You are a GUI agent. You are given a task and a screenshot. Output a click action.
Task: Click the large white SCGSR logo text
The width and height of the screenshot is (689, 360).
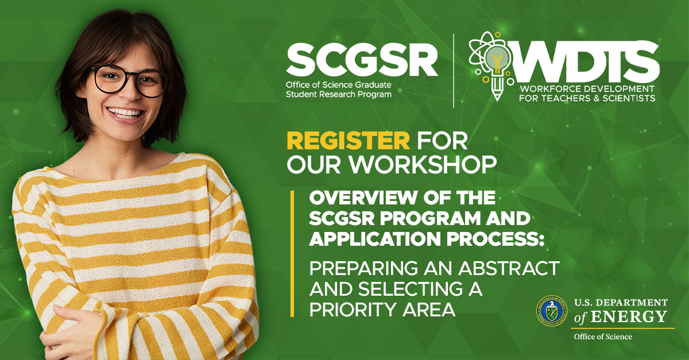pyautogui.click(x=362, y=60)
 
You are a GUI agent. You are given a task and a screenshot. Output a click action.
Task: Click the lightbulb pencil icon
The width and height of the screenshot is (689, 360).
pyautogui.click(x=492, y=66)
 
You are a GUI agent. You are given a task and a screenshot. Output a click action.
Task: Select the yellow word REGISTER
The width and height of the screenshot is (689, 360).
pyautogui.click(x=348, y=141)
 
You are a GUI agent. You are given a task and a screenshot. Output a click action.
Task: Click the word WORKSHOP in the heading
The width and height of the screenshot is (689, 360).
pyautogui.click(x=423, y=164)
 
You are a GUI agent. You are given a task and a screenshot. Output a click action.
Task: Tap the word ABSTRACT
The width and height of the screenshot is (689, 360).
pyautogui.click(x=509, y=268)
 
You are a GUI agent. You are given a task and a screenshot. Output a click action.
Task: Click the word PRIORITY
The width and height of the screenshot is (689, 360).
pyautogui.click(x=353, y=309)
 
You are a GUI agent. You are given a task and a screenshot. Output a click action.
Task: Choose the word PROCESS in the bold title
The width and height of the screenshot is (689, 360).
pyautogui.click(x=495, y=239)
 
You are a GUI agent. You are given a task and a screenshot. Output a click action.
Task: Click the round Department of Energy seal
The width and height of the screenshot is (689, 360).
pyautogui.click(x=552, y=311)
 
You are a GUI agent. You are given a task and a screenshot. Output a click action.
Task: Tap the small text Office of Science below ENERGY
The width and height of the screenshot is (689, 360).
pyautogui.click(x=603, y=336)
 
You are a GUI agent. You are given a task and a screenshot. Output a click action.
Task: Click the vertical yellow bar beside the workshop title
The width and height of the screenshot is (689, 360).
pyautogui.click(x=292, y=254)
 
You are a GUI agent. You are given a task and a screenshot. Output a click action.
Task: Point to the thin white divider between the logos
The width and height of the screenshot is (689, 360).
pyautogui.click(x=454, y=71)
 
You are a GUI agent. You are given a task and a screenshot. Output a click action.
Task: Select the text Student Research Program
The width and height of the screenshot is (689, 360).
pyautogui.click(x=339, y=95)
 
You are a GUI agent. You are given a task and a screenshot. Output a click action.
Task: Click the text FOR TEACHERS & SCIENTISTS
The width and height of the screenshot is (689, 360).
pyautogui.click(x=587, y=98)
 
